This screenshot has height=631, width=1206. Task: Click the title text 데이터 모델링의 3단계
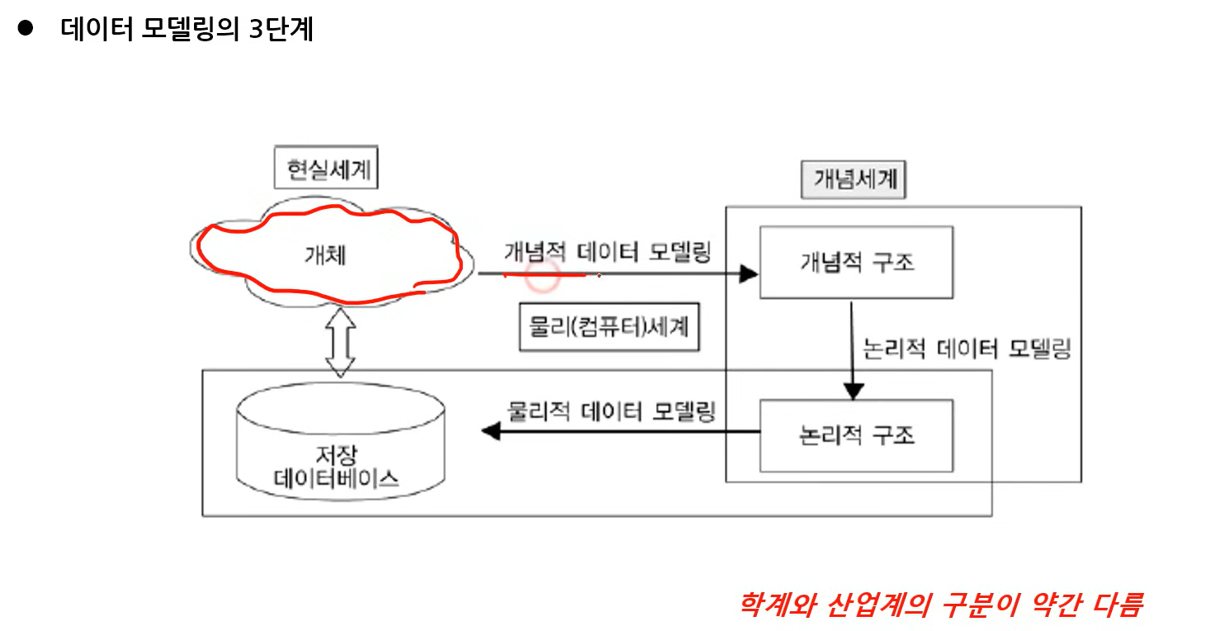(x=187, y=30)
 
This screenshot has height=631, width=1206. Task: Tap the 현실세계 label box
(x=320, y=171)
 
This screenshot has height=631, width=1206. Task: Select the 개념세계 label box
(x=853, y=179)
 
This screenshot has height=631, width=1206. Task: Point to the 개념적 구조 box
(x=856, y=262)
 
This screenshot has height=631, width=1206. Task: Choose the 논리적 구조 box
(x=856, y=435)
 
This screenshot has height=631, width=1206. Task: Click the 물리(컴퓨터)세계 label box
(x=608, y=327)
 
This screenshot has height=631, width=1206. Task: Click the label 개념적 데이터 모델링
(x=607, y=252)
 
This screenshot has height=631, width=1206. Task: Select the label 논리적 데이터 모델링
(x=965, y=349)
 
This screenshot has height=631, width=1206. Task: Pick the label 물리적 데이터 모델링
(x=611, y=410)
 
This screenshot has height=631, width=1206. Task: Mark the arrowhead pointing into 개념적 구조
(x=749, y=273)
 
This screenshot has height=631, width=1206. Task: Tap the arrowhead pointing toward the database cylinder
(x=490, y=431)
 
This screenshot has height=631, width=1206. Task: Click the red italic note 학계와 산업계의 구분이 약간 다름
(x=940, y=605)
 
